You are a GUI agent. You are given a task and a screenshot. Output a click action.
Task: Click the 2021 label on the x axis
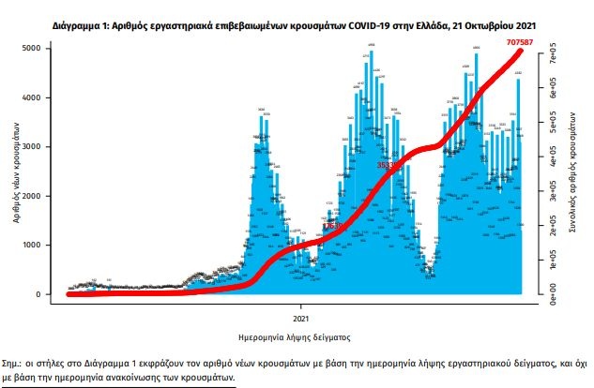[x=301, y=307]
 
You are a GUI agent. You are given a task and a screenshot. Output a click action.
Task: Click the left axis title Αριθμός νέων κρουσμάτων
[x=18, y=171]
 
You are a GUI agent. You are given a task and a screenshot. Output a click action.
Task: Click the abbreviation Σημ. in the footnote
[x=14, y=361]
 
